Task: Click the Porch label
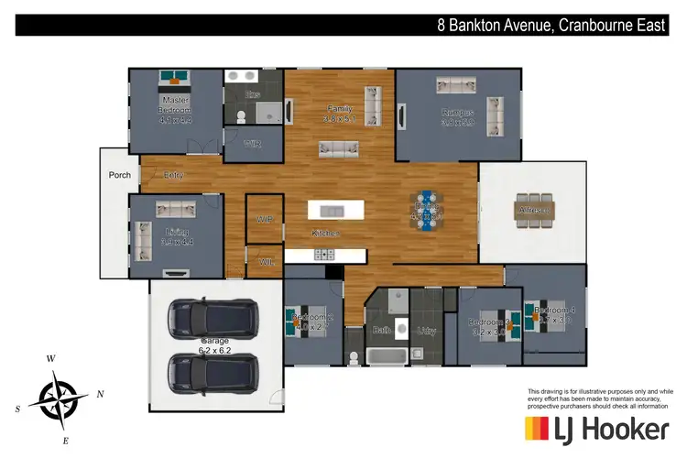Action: coord(119,175)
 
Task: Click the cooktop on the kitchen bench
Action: coord(323,252)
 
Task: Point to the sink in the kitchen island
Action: coord(331,211)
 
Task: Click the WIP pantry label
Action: coord(265,219)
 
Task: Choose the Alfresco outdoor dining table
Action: coord(534,210)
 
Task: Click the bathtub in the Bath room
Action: coord(382,355)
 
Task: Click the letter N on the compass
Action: coord(100,394)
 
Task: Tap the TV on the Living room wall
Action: coord(173,273)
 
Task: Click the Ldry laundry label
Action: coord(426,331)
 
